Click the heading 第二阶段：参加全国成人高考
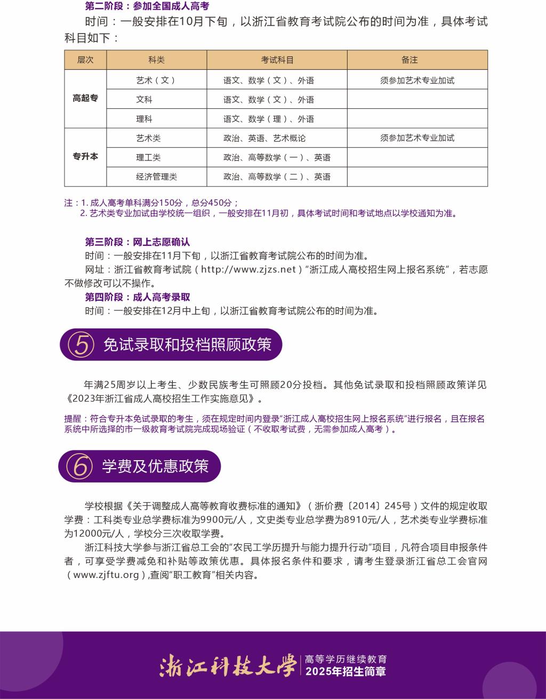[147, 6]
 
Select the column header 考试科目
[277, 60]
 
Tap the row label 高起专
[85, 98]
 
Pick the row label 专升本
[85, 157]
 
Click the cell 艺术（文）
[156, 81]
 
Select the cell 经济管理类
[156, 176]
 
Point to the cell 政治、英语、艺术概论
[264, 138]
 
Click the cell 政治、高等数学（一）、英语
[277, 157]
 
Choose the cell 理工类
[148, 157]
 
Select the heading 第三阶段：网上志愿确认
[138, 242]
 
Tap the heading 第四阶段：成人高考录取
[138, 297]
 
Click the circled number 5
[82, 344]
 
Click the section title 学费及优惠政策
[155, 466]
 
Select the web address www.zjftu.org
[106, 575]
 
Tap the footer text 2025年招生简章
[346, 672]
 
